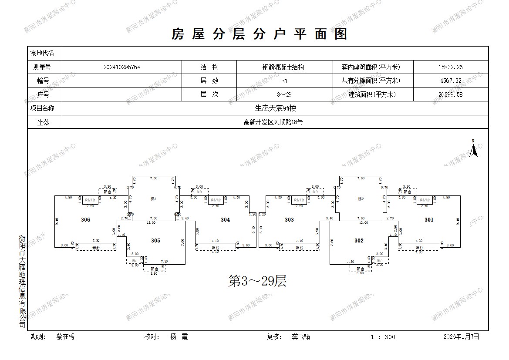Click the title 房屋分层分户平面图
260,34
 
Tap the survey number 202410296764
122,67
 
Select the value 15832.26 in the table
450,67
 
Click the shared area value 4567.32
450,81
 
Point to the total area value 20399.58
450,94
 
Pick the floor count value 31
284,81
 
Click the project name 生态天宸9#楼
276,108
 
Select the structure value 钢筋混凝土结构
283,67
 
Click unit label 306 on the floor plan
85,220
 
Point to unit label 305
155,241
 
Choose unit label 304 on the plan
225,220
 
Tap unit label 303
289,220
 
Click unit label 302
359,241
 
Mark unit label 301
429,220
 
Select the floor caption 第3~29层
257,282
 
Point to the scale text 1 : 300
383,337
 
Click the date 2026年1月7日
461,336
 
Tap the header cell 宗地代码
42,54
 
